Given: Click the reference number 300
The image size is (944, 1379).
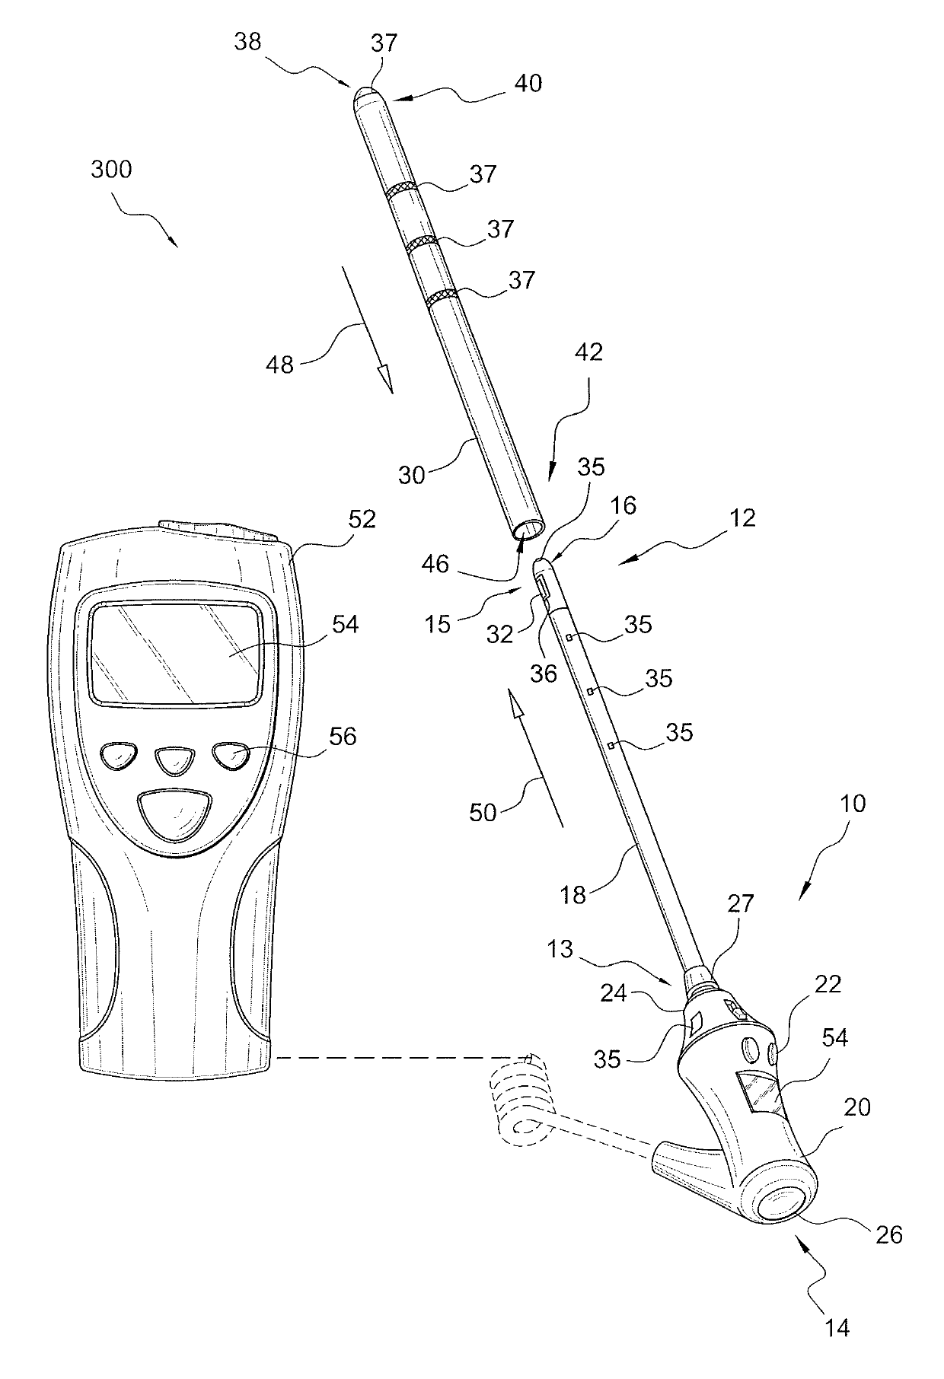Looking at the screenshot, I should coord(111,169).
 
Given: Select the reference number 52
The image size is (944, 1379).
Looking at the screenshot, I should coord(362,519).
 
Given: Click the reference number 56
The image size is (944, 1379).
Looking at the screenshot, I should coord(342,736).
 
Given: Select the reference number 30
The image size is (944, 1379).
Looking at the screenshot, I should coord(413,475).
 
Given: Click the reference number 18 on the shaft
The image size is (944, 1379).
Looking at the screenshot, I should coord(573,895).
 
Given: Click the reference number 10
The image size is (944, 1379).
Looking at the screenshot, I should coord(853,804).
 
